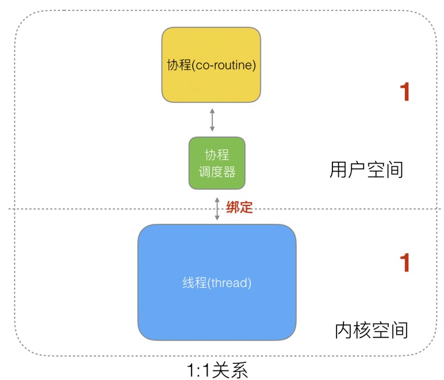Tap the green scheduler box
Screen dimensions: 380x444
217,163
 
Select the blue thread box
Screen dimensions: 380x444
217,282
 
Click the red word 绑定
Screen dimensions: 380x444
239,207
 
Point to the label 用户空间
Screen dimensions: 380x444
366,169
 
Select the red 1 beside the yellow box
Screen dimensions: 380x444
405,92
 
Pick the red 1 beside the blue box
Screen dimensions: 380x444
405,262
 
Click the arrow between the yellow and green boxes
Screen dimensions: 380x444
212,119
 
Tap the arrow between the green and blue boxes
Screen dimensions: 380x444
217,208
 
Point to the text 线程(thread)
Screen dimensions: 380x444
217,282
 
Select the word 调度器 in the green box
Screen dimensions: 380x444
217,172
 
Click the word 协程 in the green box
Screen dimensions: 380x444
217,155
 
